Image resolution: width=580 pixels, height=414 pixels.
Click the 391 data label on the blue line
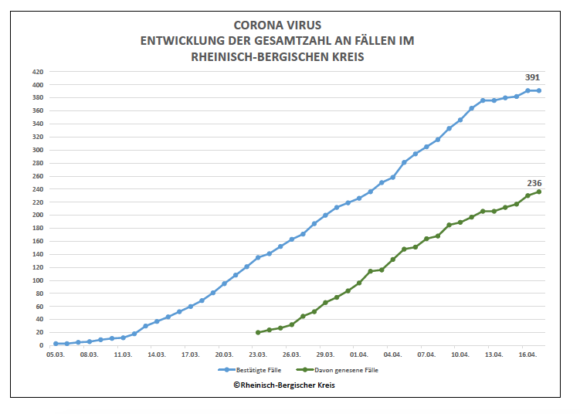(532, 77)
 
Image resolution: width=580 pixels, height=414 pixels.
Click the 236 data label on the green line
(534, 183)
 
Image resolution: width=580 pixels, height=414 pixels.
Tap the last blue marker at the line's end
(539, 90)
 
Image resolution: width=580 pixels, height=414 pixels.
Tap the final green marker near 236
(539, 192)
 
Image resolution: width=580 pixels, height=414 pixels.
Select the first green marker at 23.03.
(258, 332)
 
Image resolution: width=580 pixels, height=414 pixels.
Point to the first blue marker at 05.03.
(56, 344)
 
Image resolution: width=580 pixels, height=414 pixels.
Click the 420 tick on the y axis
(37, 72)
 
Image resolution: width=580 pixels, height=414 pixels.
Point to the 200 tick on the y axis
(37, 215)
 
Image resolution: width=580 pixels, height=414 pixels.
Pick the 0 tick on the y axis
(42, 346)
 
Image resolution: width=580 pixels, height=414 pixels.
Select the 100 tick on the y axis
(37, 280)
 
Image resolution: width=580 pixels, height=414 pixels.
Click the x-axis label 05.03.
(56, 355)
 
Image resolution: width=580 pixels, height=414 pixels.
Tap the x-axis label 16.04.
(527, 355)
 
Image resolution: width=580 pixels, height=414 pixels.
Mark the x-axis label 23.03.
(258, 355)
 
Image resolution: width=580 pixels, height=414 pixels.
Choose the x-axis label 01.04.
(359, 355)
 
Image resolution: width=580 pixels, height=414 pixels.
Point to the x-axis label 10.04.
(460, 355)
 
